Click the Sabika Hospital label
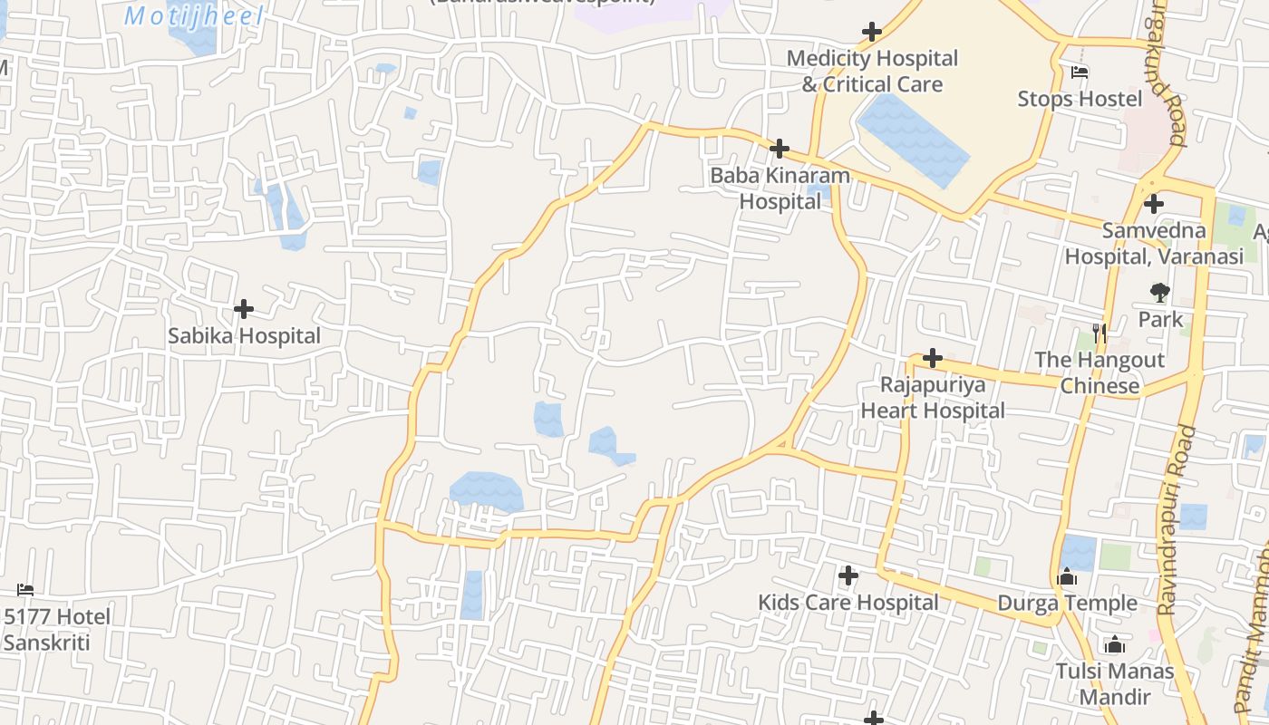point(244,336)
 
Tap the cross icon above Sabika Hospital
point(244,310)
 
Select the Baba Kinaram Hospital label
point(780,188)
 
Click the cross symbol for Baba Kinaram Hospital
point(780,149)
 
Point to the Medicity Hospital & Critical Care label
point(872,72)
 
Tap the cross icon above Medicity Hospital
point(872,33)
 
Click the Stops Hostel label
point(1080,99)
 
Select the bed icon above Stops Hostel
point(1080,72)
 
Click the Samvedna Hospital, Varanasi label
point(1154,244)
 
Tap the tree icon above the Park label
point(1159,292)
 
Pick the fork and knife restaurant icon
point(1099,333)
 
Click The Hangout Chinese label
point(1099,372)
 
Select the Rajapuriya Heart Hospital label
point(933,398)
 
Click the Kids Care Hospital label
point(848,603)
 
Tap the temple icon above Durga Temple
point(1067,577)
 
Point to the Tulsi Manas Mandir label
point(1115,684)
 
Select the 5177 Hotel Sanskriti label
point(56,630)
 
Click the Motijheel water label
point(194,16)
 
